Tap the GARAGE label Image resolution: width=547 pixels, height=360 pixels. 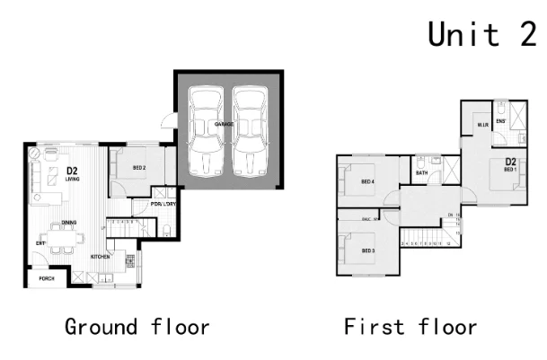pyautogui.click(x=225, y=124)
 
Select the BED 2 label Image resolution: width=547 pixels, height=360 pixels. pyautogui.click(x=139, y=168)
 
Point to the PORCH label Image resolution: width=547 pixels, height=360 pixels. pyautogui.click(x=46, y=278)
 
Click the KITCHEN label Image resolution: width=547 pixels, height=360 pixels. pyautogui.click(x=100, y=257)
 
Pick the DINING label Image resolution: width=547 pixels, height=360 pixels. pyautogui.click(x=68, y=223)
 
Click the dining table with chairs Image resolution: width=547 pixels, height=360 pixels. pyautogui.click(x=66, y=240)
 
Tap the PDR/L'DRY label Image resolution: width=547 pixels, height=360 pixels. pyautogui.click(x=163, y=204)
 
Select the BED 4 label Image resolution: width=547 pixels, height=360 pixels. pyautogui.click(x=366, y=182)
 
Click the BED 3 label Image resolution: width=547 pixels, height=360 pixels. pyautogui.click(x=366, y=250)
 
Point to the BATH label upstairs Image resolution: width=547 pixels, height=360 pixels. pyautogui.click(x=421, y=173)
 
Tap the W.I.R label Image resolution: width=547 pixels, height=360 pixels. pyautogui.click(x=482, y=125)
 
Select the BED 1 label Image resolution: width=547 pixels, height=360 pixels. pyautogui.click(x=509, y=169)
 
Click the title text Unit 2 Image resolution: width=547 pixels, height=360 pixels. pyautogui.click(x=481, y=34)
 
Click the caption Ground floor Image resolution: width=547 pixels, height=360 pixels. pyautogui.click(x=137, y=326)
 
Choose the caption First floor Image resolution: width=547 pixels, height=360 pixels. pyautogui.click(x=410, y=326)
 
